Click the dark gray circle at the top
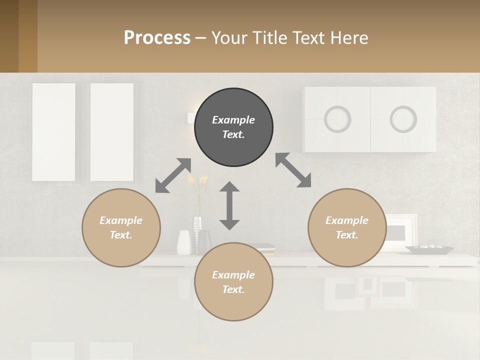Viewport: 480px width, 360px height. point(233,127)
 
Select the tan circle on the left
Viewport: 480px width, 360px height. point(121,227)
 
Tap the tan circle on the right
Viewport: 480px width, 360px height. point(347,227)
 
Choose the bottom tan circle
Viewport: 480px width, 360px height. point(233,282)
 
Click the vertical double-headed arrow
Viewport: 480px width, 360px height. point(229,205)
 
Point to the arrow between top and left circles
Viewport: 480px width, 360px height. point(173,175)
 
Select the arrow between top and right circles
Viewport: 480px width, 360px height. point(293,170)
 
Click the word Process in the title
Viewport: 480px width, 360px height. point(157,37)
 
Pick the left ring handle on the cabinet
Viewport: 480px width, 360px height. point(337,119)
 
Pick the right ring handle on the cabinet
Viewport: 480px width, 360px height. point(403,119)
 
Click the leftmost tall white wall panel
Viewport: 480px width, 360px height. point(53,132)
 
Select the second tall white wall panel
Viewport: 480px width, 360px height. point(112,132)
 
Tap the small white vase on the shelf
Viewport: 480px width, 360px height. point(184,242)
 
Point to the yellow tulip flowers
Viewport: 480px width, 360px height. point(198,180)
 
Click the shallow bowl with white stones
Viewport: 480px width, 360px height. point(429,249)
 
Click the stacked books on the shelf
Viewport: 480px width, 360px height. point(264,248)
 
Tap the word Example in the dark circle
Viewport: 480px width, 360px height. point(233,120)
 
